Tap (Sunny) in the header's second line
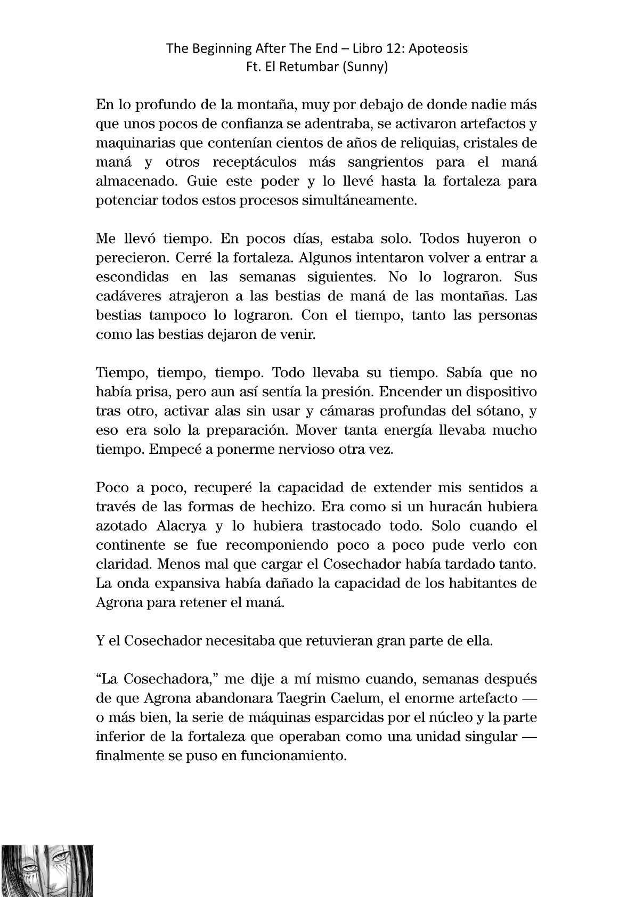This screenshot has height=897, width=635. pyautogui.click(x=368, y=68)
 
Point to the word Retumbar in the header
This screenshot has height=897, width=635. pyautogui.click(x=316, y=68)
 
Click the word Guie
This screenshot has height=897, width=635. pyautogui.click(x=202, y=181)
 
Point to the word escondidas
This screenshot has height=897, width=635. pyautogui.click(x=132, y=277)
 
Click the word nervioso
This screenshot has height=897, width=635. pyautogui.click(x=318, y=449)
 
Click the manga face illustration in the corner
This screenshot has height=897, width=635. pyautogui.click(x=46, y=870)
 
